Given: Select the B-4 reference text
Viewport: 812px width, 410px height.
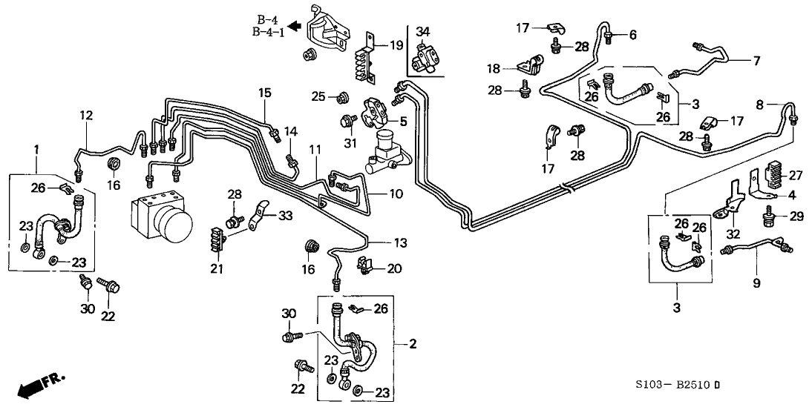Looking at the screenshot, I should [x=266, y=19].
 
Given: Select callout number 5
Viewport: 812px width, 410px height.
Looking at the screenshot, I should [x=403, y=121].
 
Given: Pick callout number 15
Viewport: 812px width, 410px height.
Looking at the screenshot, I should [x=265, y=93].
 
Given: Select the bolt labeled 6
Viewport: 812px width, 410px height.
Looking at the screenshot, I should [x=609, y=36].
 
